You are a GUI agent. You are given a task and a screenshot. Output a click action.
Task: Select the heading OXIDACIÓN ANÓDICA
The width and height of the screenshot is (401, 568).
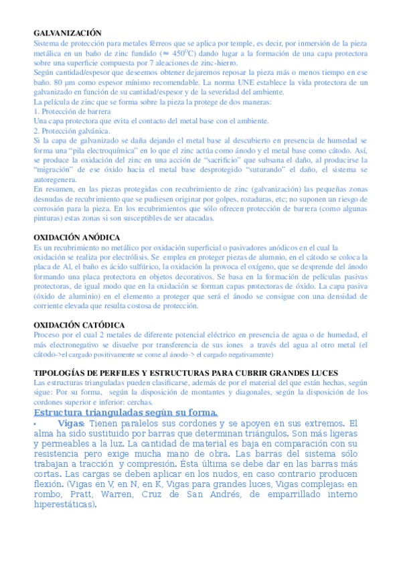[x=77, y=237]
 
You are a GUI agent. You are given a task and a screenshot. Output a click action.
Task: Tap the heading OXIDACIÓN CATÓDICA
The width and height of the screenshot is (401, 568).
[x=80, y=325]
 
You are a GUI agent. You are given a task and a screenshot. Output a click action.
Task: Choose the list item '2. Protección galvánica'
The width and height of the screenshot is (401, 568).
[x=72, y=131]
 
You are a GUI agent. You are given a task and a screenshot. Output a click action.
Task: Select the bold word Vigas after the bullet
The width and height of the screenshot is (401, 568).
[x=71, y=423]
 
